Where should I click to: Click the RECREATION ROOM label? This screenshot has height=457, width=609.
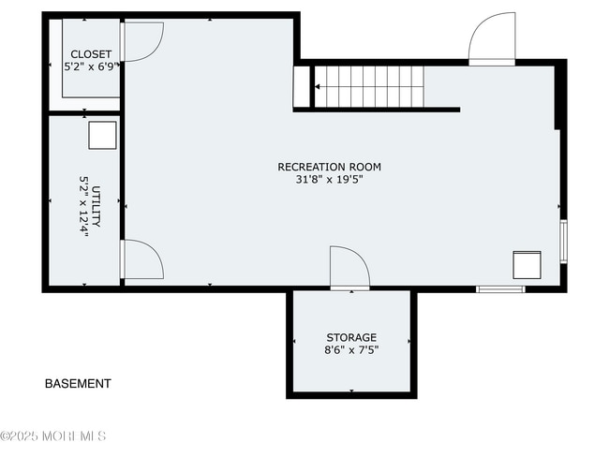(x=329, y=167)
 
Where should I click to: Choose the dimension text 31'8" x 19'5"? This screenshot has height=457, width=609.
(x=329, y=180)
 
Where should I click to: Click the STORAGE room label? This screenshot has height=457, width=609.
(x=351, y=337)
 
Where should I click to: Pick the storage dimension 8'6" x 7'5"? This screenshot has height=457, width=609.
(x=351, y=350)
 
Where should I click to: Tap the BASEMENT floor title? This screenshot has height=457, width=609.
(x=78, y=384)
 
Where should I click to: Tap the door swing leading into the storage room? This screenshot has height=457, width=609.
(x=349, y=267)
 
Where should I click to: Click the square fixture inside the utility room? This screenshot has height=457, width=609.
(x=102, y=136)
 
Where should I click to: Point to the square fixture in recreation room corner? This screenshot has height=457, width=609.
(x=527, y=265)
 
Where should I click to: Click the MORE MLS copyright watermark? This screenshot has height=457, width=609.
(x=53, y=436)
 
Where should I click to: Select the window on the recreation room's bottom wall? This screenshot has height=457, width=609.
(x=500, y=288)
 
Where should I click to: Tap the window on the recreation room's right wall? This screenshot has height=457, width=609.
(x=563, y=240)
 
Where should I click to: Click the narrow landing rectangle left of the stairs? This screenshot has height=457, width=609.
(x=301, y=87)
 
